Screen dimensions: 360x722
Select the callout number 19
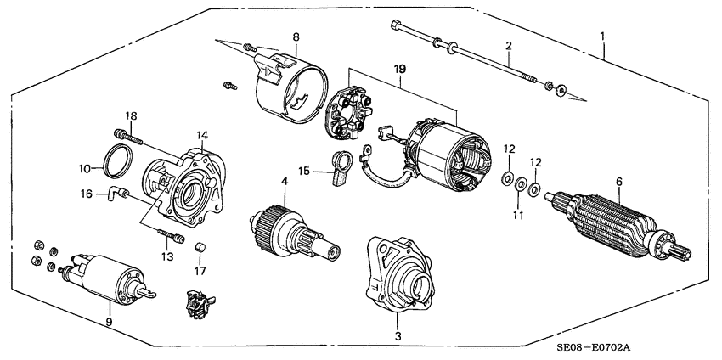(398, 65)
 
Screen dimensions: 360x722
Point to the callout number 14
(202, 135)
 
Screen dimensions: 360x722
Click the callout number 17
(200, 272)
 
